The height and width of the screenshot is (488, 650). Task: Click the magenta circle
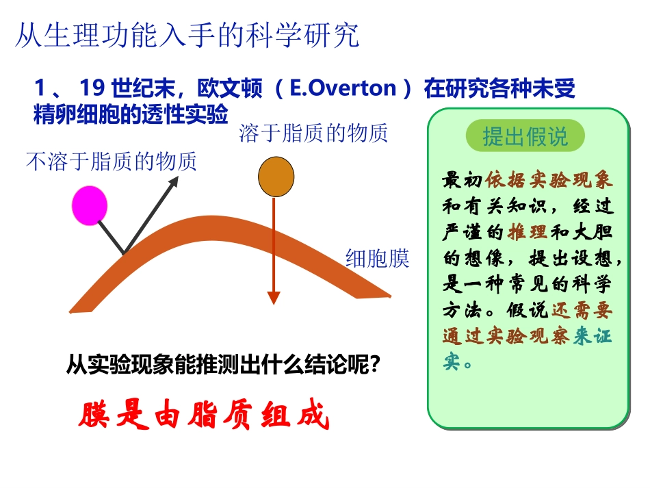(x=90, y=205)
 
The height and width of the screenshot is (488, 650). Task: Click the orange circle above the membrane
(x=276, y=177)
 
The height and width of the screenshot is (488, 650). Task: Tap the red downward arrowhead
(x=274, y=298)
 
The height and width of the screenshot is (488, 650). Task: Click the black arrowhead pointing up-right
(x=173, y=181)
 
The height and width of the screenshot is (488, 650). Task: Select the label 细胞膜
(x=377, y=258)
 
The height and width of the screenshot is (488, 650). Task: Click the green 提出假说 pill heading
(x=525, y=136)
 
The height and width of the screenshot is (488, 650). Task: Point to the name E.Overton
(x=343, y=88)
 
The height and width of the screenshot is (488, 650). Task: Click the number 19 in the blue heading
(x=92, y=88)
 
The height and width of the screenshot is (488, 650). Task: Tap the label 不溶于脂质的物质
(x=111, y=162)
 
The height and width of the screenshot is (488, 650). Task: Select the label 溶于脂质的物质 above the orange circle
(x=313, y=133)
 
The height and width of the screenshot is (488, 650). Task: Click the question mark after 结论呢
(x=374, y=365)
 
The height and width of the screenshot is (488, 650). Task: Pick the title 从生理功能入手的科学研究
(x=187, y=35)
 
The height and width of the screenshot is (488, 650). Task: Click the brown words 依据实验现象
(x=549, y=180)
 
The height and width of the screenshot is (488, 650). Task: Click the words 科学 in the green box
(x=592, y=284)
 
